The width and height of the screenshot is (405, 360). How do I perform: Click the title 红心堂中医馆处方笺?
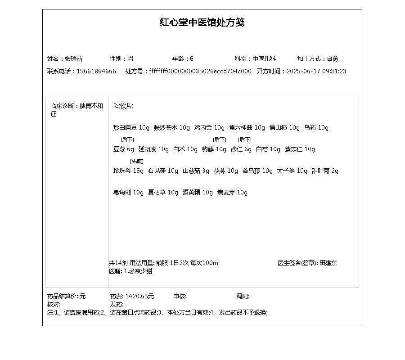pyautogui.click(x=202, y=22)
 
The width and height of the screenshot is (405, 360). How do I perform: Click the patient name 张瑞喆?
pyautogui.click(x=74, y=59)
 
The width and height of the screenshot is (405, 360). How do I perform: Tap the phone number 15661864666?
pyautogui.click(x=96, y=72)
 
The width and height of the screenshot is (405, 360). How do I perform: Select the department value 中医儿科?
pyautogui.click(x=264, y=59)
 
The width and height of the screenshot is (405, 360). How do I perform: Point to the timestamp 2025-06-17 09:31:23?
pyautogui.click(x=316, y=72)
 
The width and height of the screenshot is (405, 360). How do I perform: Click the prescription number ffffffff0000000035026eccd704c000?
pyautogui.click(x=200, y=72)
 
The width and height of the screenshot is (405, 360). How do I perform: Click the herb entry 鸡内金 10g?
pyautogui.click(x=209, y=128)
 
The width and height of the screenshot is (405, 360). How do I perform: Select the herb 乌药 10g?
pyautogui.click(x=316, y=128)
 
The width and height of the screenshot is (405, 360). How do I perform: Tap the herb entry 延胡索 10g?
pyautogui.click(x=153, y=149)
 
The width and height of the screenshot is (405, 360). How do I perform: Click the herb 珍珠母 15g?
pyautogui.click(x=128, y=171)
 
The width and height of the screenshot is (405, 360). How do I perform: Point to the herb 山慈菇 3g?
pyautogui.click(x=196, y=171)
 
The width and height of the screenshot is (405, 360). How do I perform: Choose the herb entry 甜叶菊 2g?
pyautogui.click(x=325, y=171)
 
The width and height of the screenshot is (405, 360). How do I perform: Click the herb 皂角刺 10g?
pyautogui.click(x=128, y=193)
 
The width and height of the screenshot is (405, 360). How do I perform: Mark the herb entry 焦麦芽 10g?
pyautogui.click(x=232, y=193)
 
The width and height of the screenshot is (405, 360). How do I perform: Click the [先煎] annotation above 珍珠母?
pyautogui.click(x=137, y=161)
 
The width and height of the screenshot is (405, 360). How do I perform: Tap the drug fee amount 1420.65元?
pyautogui.click(x=139, y=297)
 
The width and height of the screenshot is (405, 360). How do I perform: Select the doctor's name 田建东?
pyautogui.click(x=328, y=263)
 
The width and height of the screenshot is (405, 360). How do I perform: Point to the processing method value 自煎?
pyautogui.click(x=333, y=59)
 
